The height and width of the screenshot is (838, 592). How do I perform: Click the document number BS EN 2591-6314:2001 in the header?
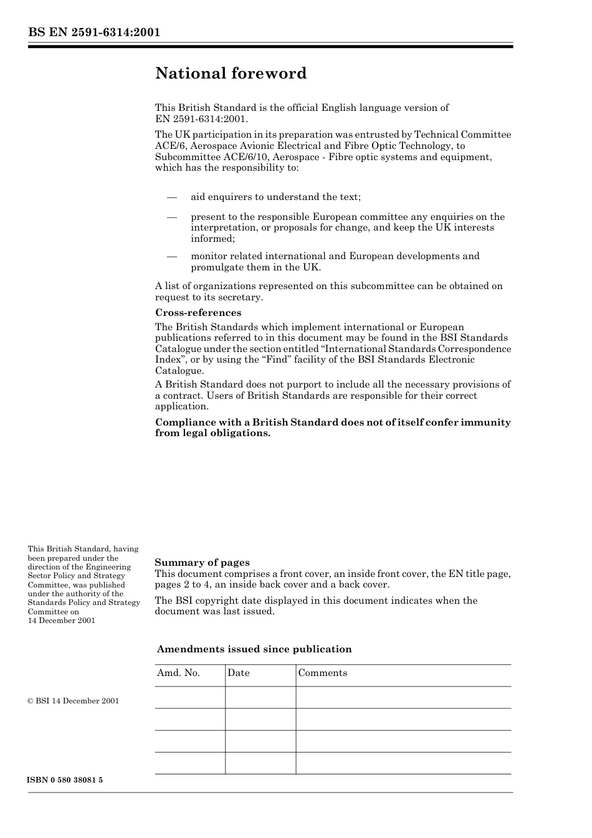point(93,32)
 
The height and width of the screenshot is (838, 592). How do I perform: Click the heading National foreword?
point(231,74)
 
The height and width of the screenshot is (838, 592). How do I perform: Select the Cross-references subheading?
point(198,313)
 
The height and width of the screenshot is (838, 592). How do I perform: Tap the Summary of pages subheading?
point(202,563)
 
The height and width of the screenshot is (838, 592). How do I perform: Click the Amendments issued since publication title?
point(254,649)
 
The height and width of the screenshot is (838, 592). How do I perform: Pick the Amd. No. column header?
point(178,673)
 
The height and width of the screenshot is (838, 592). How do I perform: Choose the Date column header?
point(238,673)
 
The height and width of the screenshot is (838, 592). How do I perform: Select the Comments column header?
point(322,673)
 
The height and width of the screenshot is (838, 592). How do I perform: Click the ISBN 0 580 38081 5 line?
point(65,780)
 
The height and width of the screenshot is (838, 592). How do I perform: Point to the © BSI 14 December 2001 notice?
point(73,701)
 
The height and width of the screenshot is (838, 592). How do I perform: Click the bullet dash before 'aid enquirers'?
point(172,198)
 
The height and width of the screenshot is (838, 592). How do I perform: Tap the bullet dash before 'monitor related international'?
point(172,256)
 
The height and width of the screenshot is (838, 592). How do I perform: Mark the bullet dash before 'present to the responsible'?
point(172,217)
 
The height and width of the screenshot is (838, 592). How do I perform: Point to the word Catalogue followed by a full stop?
point(179,371)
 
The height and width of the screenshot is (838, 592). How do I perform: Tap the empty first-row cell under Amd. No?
point(189,697)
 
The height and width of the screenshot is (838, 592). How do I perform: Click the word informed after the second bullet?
point(212,239)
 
